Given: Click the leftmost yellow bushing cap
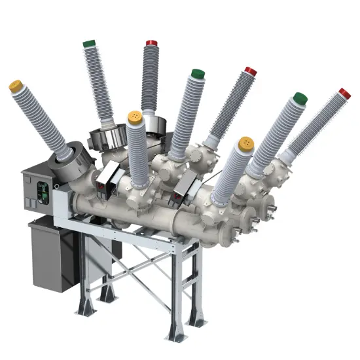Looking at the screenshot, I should pos(16,86).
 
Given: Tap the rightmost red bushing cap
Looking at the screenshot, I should pos(344,94).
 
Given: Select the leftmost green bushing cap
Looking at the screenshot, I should pos(90,45).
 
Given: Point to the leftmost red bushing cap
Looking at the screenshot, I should pos(151,43).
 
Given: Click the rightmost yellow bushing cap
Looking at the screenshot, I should pos(245,142).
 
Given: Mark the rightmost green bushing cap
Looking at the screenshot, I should pos(300,99).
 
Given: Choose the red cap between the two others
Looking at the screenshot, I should pos(250,71).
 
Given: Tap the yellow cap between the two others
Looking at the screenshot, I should pos(135,117).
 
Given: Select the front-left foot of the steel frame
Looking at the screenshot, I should pos(84,308).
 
